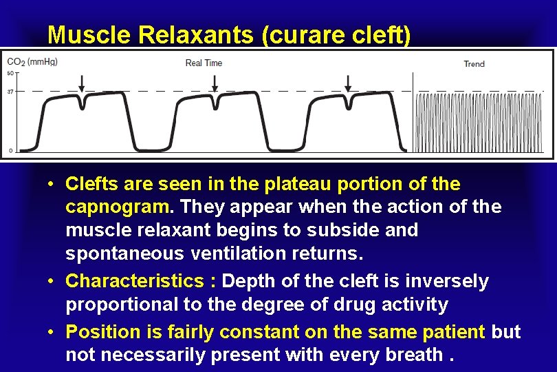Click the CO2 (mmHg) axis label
point(32,62)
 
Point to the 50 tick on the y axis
point(10,73)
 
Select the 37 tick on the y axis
point(10,91)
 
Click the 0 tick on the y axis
point(10,149)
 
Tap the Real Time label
point(204,63)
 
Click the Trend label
point(474,64)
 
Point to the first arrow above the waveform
point(82,83)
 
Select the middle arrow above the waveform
point(215,83)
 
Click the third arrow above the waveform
point(347,83)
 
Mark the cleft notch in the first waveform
point(83,105)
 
